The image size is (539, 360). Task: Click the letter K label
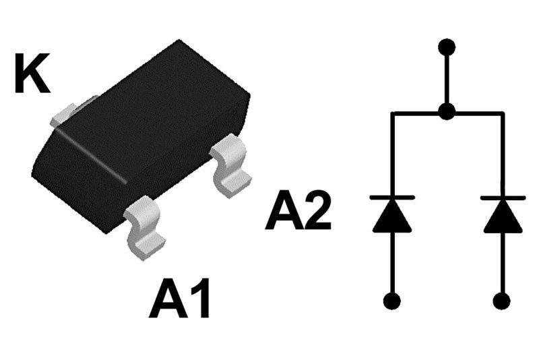(x=32, y=76)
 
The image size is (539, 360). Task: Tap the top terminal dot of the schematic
(x=446, y=47)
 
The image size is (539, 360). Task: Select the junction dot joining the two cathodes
(x=446, y=112)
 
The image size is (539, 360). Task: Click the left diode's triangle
(x=392, y=216)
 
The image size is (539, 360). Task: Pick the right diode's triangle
(x=503, y=216)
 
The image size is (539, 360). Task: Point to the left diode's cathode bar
(x=392, y=198)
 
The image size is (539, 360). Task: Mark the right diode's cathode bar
(x=503, y=198)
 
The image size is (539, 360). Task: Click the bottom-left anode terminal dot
(x=392, y=300)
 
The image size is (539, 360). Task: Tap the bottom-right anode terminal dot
(x=503, y=300)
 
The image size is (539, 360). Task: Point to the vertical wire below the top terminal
(x=446, y=80)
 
